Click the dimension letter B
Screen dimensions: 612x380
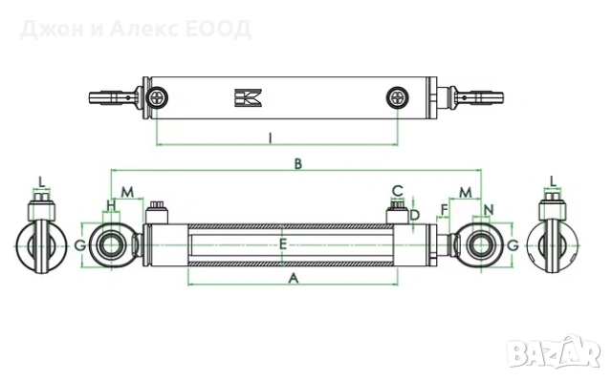298,163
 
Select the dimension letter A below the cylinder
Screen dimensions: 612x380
294,278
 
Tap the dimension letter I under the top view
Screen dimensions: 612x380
270,138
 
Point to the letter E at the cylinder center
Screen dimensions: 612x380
283,244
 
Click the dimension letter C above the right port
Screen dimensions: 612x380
398,191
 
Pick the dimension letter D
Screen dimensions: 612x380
415,215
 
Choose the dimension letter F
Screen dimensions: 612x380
444,210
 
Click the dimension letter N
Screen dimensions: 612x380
489,210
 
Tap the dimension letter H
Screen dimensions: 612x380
112,204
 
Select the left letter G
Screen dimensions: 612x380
80,245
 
